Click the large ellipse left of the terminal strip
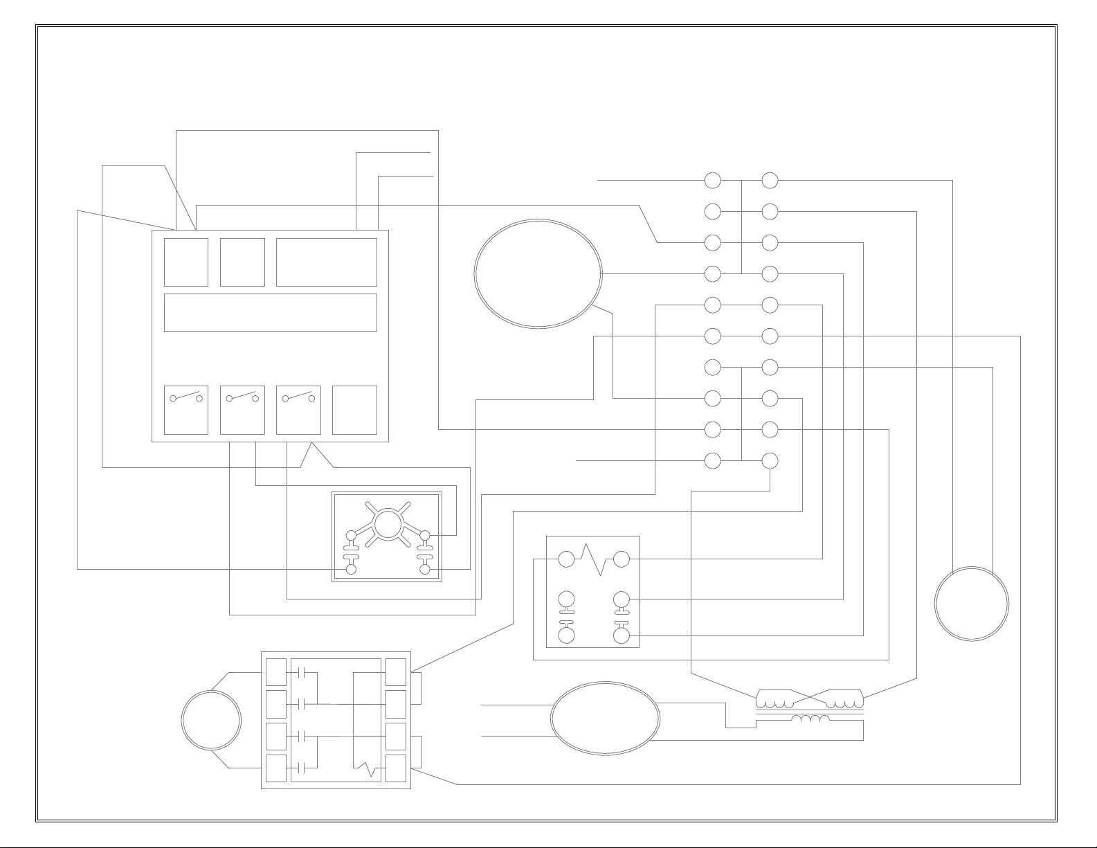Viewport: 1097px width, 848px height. (x=538, y=273)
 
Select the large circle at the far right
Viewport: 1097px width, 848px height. (x=971, y=604)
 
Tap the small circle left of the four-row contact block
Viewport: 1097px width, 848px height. (x=211, y=720)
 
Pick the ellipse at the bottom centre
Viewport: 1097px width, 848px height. (x=605, y=719)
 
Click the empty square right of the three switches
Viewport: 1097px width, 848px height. (x=354, y=410)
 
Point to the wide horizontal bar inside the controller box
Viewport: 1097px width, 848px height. (x=270, y=312)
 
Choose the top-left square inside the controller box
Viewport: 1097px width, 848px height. (x=186, y=262)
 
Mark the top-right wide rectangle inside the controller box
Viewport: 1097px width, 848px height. (x=327, y=262)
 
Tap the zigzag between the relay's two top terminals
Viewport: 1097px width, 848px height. (x=594, y=559)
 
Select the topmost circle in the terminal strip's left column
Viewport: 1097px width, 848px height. (x=713, y=181)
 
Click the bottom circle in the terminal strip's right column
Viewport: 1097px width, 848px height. (x=770, y=460)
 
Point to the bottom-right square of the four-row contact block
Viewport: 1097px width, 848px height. (x=396, y=768)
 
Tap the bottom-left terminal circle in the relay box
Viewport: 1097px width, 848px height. (x=566, y=635)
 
